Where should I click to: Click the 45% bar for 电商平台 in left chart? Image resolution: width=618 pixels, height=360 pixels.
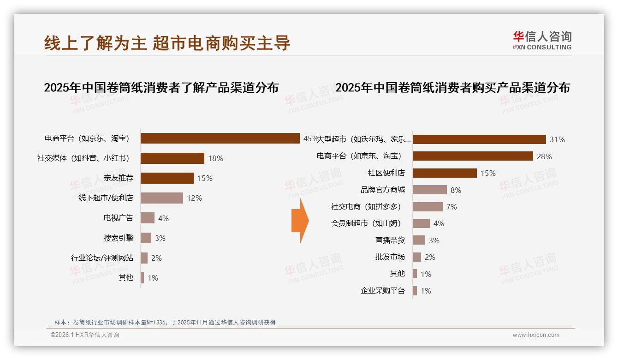(220, 138)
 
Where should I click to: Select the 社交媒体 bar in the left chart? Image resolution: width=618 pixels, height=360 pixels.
(172, 158)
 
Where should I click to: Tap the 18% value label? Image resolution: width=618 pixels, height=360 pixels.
(215, 158)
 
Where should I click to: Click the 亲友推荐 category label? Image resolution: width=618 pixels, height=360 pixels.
(119, 178)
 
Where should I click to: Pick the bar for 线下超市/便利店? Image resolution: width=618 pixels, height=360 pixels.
(161, 198)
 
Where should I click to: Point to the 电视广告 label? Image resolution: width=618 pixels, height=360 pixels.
(119, 218)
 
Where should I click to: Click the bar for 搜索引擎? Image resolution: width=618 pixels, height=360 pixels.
(146, 238)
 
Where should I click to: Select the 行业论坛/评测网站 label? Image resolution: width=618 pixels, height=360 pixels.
(102, 258)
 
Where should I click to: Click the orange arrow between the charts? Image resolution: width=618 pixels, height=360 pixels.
(300, 221)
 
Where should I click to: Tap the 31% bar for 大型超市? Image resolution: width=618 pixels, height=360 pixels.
(479, 139)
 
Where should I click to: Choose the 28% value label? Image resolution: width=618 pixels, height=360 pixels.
(544, 156)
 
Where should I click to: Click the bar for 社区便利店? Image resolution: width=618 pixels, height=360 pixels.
(445, 173)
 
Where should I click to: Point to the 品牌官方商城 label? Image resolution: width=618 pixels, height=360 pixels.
(383, 190)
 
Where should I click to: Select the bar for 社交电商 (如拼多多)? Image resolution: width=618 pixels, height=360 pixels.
(428, 207)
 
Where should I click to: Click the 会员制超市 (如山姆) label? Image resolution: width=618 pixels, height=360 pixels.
(366, 223)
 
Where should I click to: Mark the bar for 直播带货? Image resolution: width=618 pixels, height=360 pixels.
(419, 240)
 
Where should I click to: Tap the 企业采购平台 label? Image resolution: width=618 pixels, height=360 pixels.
(383, 291)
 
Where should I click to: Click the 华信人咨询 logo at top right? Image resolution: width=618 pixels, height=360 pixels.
(542, 40)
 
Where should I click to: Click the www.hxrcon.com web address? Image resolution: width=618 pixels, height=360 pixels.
(536, 335)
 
